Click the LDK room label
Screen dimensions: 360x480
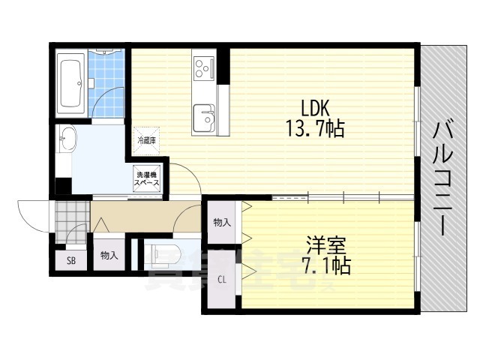point(315,106)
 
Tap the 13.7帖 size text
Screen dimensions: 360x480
point(315,129)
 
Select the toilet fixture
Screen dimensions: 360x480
point(166,253)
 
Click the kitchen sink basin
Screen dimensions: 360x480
point(203,117)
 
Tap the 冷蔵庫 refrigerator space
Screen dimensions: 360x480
point(147,139)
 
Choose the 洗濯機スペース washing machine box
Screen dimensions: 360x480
point(147,179)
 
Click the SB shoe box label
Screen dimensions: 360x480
point(71,260)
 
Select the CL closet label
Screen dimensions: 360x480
point(222,280)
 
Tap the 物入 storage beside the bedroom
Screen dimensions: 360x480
point(221,223)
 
